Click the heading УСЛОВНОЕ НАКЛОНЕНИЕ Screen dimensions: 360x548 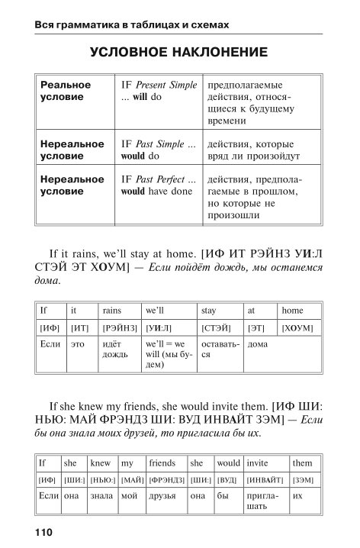tap(178, 53)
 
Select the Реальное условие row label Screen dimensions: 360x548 tap(66, 91)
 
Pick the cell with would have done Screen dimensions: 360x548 tap(157, 186)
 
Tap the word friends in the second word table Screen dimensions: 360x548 tap(162, 463)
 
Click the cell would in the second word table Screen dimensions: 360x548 tap(228, 463)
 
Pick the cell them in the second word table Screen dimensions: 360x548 tap(303, 463)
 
